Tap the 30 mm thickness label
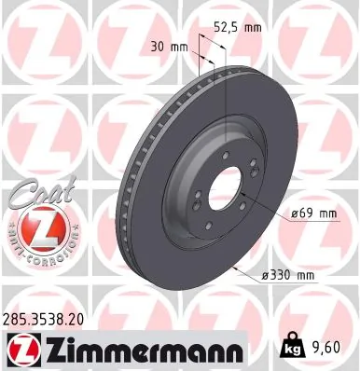point(168,46)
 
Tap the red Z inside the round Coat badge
point(35,227)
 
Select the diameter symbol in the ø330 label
point(265,276)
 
